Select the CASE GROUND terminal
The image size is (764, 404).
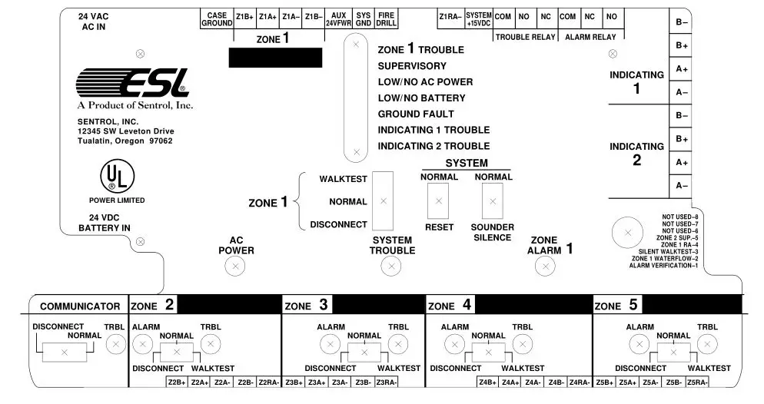(x=217, y=19)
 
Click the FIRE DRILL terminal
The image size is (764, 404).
(x=387, y=19)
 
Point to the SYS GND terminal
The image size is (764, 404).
(x=364, y=19)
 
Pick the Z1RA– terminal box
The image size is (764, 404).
(x=450, y=17)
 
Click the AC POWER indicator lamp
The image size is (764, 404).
(x=235, y=267)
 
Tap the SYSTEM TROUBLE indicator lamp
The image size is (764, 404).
(x=391, y=267)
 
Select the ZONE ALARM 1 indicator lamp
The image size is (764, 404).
(x=545, y=267)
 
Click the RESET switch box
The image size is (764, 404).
(x=439, y=202)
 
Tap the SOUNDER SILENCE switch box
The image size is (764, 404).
(x=492, y=202)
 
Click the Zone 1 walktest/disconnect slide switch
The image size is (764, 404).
(x=383, y=201)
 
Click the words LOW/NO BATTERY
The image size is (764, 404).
(x=421, y=98)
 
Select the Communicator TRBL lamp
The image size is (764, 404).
(x=115, y=346)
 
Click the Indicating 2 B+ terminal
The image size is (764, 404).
(x=681, y=139)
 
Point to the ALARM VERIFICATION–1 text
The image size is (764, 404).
(x=663, y=266)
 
